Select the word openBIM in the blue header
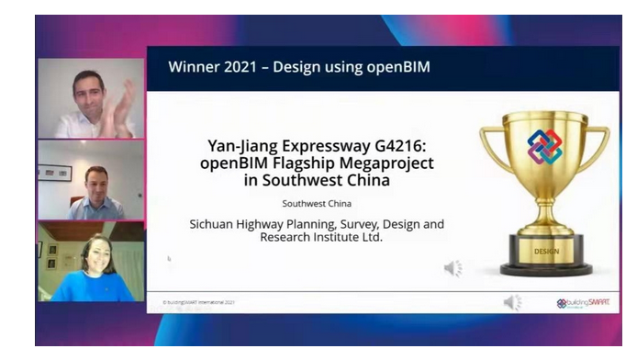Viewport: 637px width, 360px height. [397, 67]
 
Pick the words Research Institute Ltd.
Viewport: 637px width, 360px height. [315, 237]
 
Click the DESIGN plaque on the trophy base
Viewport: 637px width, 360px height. [545, 249]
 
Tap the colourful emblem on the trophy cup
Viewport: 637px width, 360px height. [544, 147]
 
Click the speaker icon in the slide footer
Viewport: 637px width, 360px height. [512, 302]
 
